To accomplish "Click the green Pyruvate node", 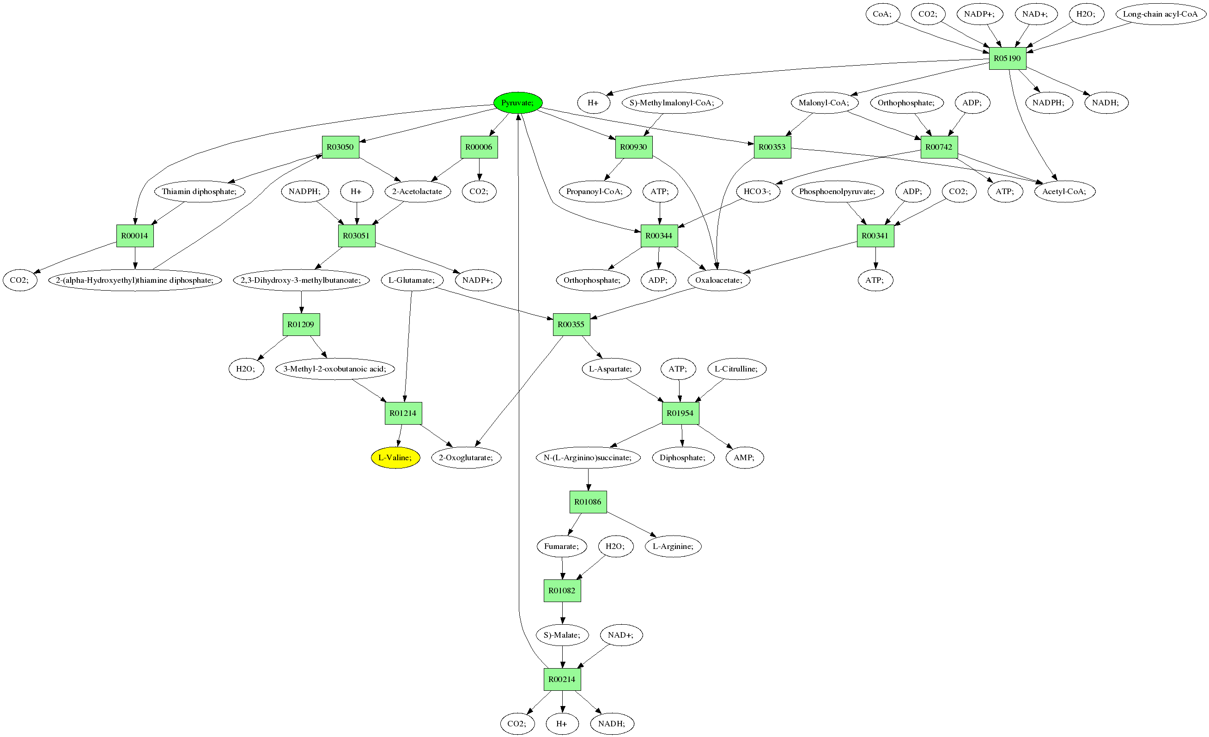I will click(x=518, y=103).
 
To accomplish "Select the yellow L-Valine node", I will click(x=395, y=458).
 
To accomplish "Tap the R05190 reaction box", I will click(x=1007, y=58).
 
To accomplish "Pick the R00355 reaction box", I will click(x=571, y=324).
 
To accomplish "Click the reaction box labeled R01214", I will click(x=403, y=413).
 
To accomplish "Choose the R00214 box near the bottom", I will click(x=562, y=679).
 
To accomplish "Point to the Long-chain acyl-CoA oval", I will click(x=1160, y=14).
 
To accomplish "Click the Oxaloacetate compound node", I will click(x=719, y=280).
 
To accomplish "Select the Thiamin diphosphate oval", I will click(x=199, y=191).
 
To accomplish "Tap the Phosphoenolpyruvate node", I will click(x=837, y=191).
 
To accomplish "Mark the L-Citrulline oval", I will click(x=736, y=369).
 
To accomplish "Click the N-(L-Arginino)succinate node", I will click(x=587, y=458).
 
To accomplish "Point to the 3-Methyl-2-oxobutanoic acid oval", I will click(x=334, y=369).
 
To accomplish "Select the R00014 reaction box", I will click(x=135, y=236).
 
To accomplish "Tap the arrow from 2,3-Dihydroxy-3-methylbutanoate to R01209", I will click(x=301, y=302).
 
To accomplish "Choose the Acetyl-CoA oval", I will click(x=1064, y=191).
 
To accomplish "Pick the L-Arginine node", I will click(x=673, y=546).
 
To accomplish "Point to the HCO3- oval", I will click(x=758, y=191).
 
